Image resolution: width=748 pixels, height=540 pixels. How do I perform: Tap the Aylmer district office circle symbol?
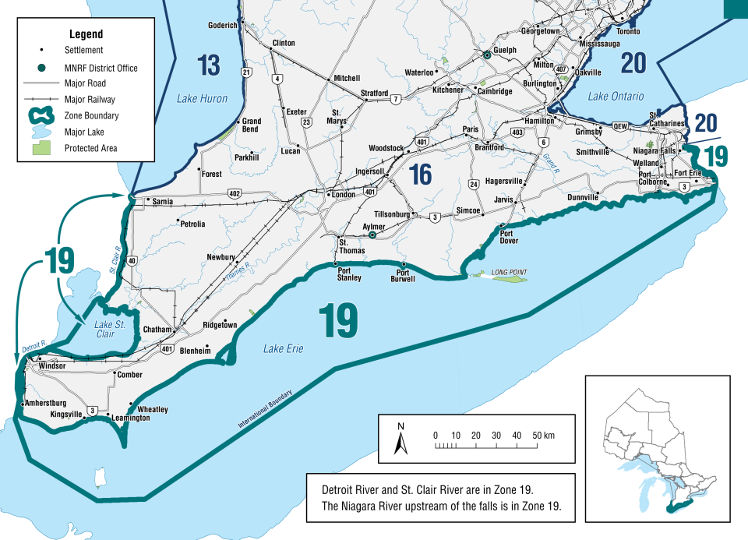[372, 234]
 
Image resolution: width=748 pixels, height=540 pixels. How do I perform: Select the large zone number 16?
[421, 175]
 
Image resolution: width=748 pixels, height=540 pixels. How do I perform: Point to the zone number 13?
[208, 65]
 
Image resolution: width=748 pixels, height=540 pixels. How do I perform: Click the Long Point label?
[509, 272]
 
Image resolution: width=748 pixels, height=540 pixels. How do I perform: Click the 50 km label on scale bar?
[543, 434]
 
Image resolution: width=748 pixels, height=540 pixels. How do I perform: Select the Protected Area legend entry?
[91, 148]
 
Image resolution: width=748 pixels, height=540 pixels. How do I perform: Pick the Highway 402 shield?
[235, 192]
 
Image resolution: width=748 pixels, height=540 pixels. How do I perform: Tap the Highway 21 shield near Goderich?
[247, 72]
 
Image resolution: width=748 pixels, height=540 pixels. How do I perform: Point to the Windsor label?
[52, 365]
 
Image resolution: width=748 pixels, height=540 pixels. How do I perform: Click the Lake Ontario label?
[616, 97]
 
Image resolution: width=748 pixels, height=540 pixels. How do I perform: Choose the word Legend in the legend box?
[86, 35]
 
